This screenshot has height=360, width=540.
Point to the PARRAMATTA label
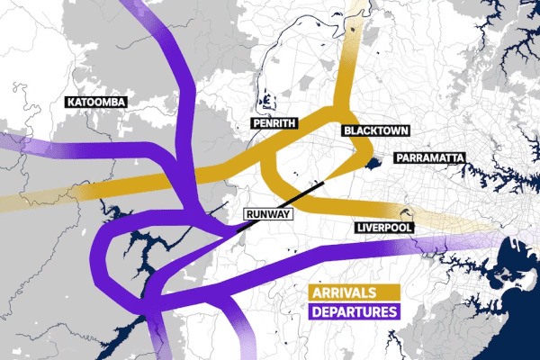point(428,158)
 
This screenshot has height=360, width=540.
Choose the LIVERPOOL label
point(384,228)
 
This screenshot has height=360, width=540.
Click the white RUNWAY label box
point(267,214)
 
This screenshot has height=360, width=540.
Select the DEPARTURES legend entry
point(354,312)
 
